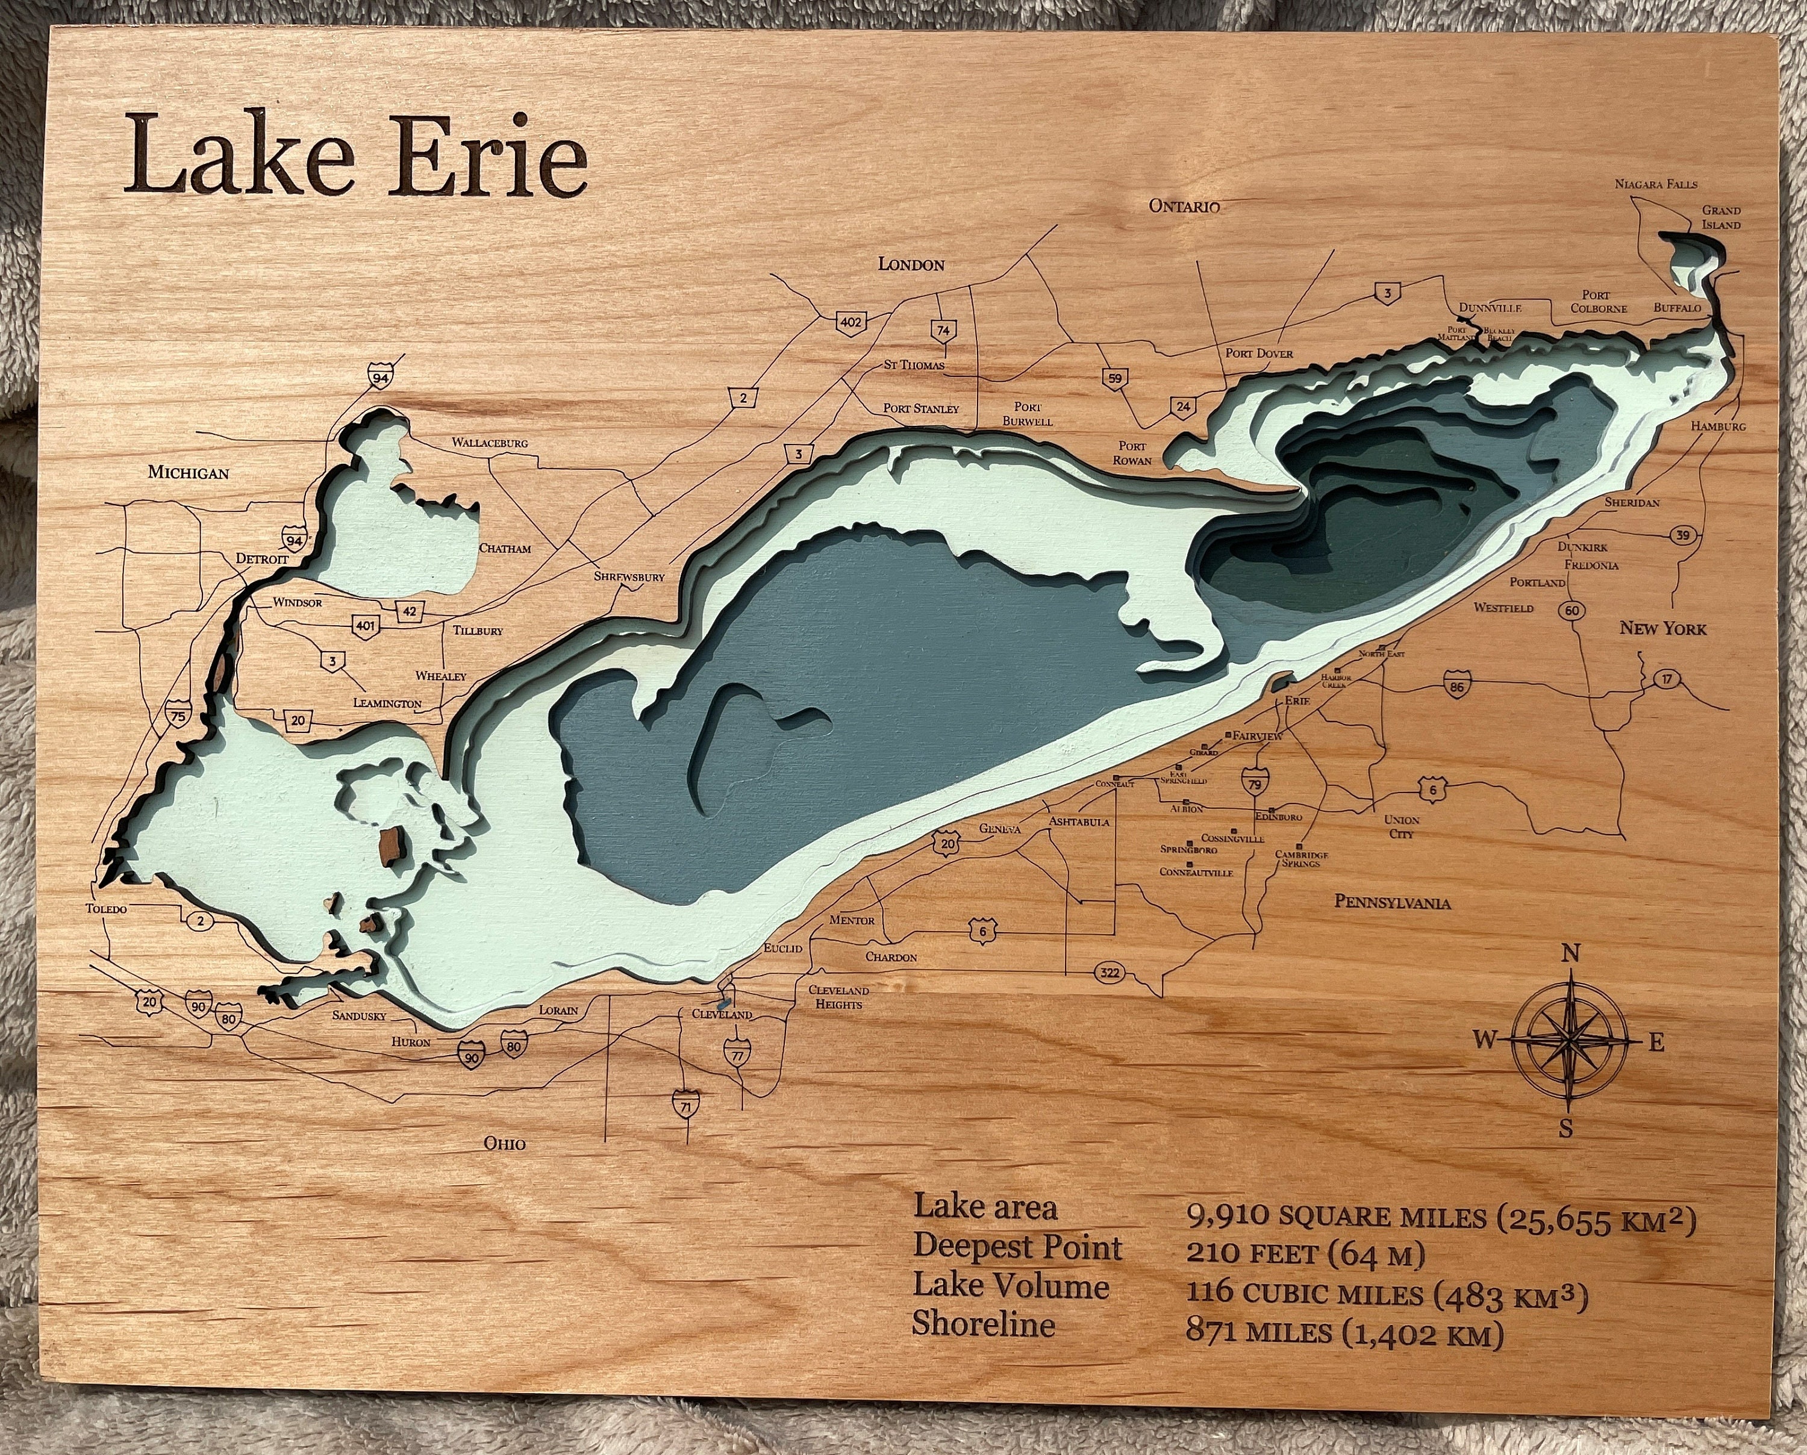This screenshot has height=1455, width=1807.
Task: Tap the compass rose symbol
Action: point(1570,1041)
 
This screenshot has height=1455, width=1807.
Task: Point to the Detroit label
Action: point(261,559)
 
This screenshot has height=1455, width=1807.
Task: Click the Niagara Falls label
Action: point(1655,184)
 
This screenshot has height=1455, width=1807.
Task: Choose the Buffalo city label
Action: point(1677,308)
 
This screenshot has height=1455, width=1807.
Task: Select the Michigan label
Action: point(188,473)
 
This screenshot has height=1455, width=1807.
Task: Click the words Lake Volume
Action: point(1011,1286)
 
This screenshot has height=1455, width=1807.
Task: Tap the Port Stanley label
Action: point(920,409)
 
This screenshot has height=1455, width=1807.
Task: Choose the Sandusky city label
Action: point(359,1016)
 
